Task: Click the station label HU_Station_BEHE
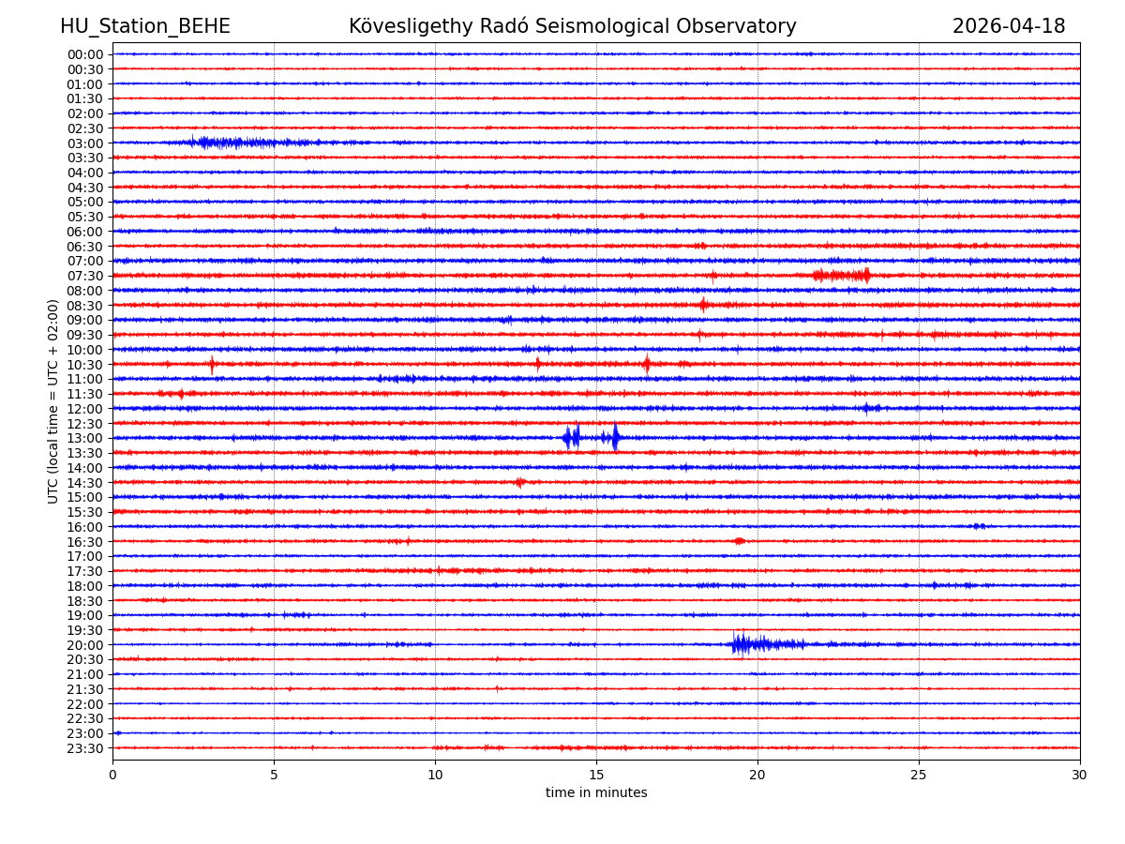[x=144, y=26]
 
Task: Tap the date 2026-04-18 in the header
[x=1008, y=26]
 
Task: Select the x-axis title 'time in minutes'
[x=596, y=793]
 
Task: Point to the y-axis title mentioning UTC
[x=53, y=400]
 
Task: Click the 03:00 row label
[x=85, y=143]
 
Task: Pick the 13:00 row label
[x=85, y=439]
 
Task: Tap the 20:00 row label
[x=85, y=645]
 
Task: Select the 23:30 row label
[x=85, y=748]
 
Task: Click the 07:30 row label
[x=85, y=276]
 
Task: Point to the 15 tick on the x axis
[x=596, y=775]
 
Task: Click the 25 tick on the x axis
[x=919, y=775]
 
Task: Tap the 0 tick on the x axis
[x=112, y=775]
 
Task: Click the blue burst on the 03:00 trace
[x=220, y=143]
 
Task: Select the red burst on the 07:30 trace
[x=842, y=275]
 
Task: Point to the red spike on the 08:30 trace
[x=703, y=305]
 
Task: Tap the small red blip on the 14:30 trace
[x=520, y=482]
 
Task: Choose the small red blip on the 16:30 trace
[x=740, y=541]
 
